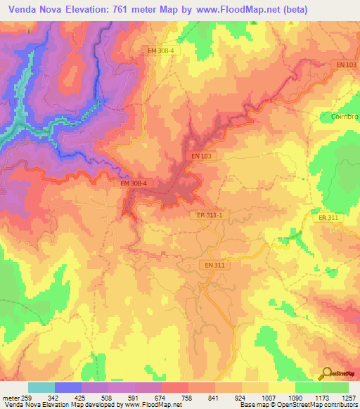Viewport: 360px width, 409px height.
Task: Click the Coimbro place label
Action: pos(344,116)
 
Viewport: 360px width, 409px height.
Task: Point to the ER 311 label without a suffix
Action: pos(328,219)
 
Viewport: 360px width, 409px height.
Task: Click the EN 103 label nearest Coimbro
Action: pos(346,65)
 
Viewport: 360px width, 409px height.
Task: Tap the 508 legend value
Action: pos(108,397)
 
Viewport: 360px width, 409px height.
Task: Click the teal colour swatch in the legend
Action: pos(41,387)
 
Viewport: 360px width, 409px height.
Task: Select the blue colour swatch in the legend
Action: pos(68,387)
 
